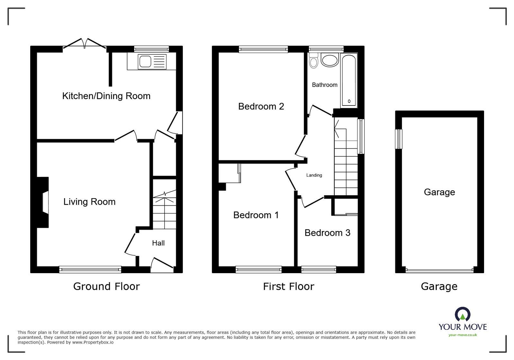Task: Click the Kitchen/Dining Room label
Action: pyautogui.click(x=106, y=96)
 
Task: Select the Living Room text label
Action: pyautogui.click(x=89, y=202)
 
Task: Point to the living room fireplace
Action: pyautogui.click(x=44, y=202)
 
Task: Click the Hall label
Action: pyautogui.click(x=158, y=243)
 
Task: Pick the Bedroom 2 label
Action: pyautogui.click(x=261, y=106)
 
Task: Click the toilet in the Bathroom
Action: pyautogui.click(x=313, y=61)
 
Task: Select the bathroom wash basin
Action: pyautogui.click(x=330, y=60)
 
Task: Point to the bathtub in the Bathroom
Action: pyautogui.click(x=349, y=80)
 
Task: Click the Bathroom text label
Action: pyautogui.click(x=325, y=85)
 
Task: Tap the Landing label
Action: pyautogui.click(x=314, y=175)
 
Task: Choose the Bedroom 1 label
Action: pyautogui.click(x=256, y=215)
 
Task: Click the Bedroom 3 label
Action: pyautogui.click(x=327, y=233)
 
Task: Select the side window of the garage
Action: pyautogui.click(x=399, y=139)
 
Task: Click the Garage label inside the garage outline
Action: pyautogui.click(x=439, y=192)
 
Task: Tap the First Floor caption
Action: pyautogui.click(x=288, y=286)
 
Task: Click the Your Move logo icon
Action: pyautogui.click(x=463, y=314)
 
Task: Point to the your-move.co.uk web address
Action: pyautogui.click(x=463, y=335)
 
